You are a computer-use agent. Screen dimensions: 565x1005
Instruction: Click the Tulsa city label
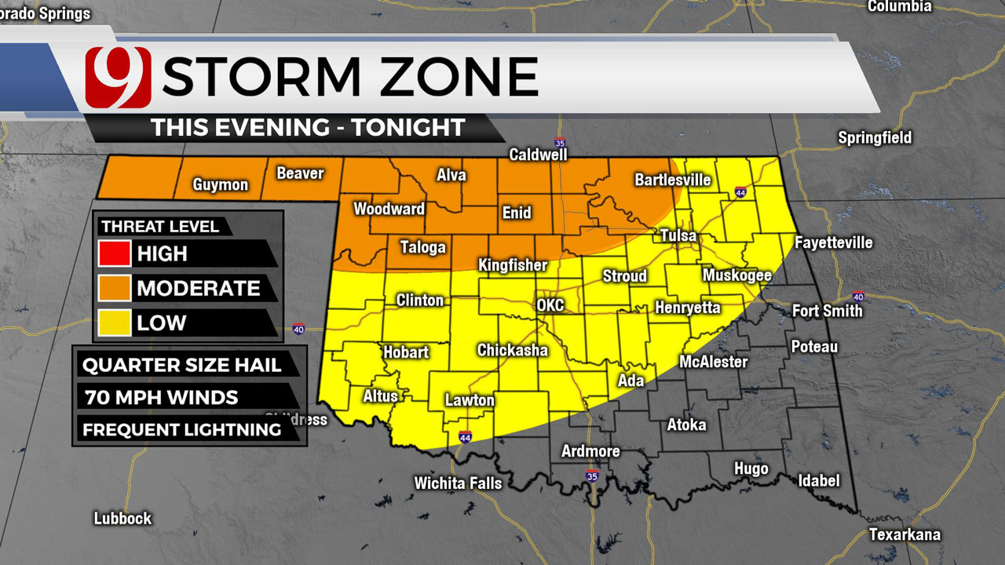(678, 236)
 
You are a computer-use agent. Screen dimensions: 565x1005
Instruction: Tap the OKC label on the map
(550, 304)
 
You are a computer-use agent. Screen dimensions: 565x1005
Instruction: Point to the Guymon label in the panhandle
(221, 185)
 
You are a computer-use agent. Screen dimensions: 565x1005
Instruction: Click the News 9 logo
(119, 77)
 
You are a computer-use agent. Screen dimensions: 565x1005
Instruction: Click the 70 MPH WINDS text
(160, 397)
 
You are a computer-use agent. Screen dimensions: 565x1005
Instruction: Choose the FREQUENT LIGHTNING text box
(182, 429)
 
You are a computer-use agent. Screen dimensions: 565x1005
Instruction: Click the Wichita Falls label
(458, 483)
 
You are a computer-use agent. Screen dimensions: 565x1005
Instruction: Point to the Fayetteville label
(833, 242)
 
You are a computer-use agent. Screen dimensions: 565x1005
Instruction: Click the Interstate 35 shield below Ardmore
(593, 475)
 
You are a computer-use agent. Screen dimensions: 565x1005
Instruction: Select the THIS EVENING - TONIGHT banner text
(308, 127)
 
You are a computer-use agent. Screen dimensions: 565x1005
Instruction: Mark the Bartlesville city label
(672, 180)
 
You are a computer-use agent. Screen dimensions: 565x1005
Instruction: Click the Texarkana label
(904, 535)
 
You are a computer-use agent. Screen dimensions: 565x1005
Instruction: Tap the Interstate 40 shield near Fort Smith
(858, 297)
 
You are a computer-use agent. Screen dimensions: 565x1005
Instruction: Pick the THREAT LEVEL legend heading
(160, 227)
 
